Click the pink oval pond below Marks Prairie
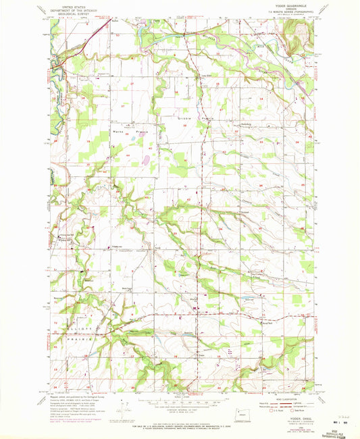[x=145, y=161]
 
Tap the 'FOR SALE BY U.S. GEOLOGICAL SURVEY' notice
[x=179, y=425]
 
